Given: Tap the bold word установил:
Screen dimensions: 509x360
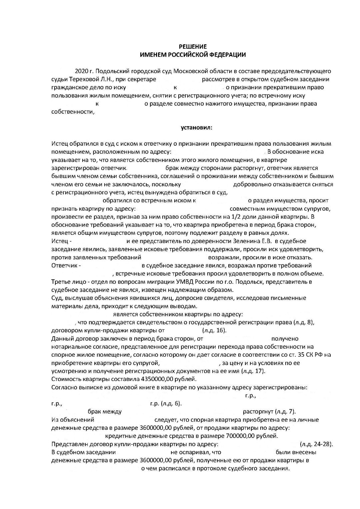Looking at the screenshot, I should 196,127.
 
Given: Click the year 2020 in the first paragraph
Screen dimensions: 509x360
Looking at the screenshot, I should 81,71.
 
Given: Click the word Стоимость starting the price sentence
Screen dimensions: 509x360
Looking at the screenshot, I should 66,379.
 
